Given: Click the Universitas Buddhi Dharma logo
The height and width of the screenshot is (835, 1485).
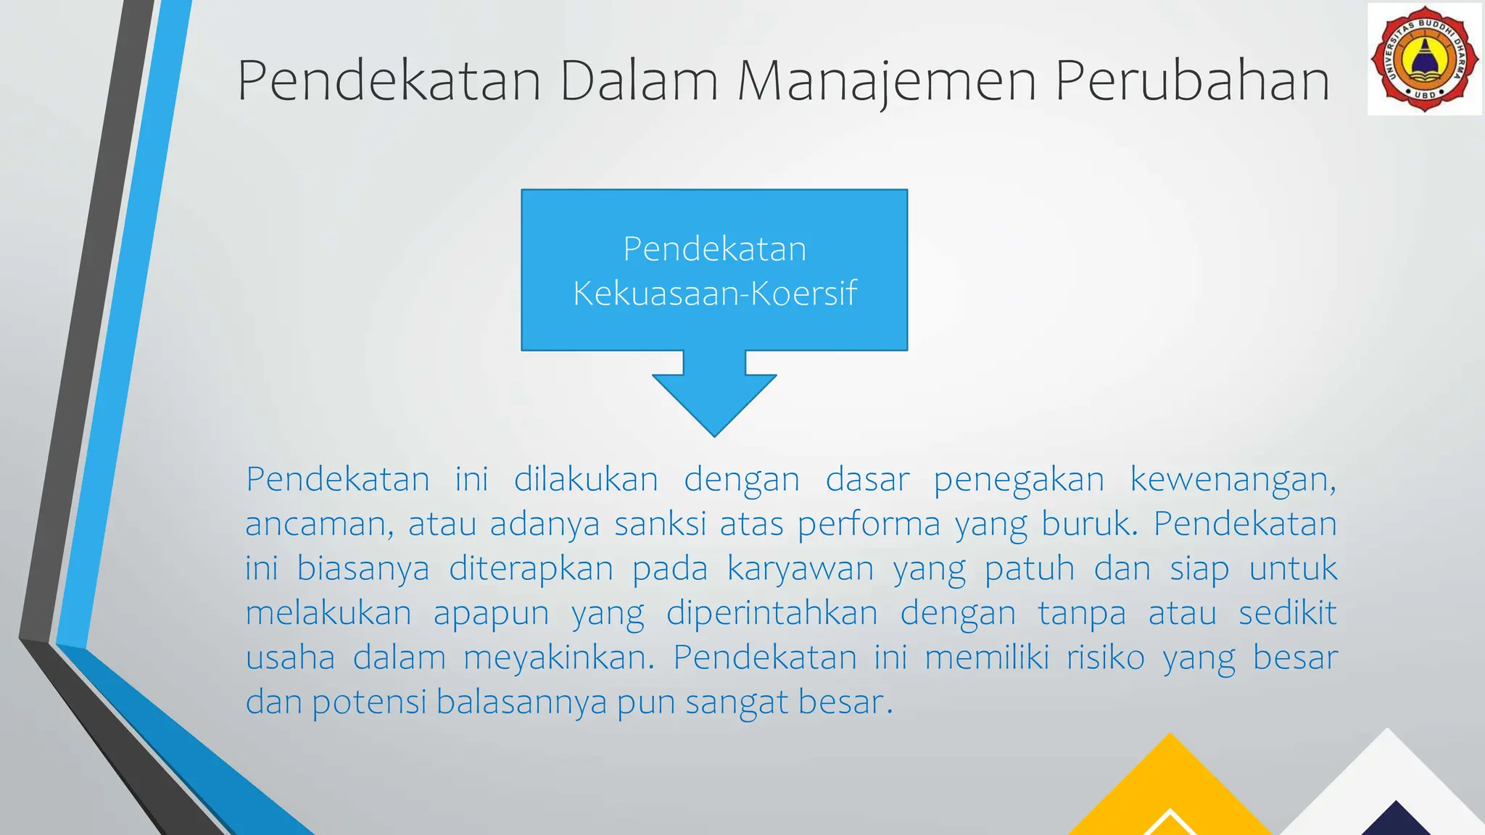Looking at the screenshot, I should pyautogui.click(x=1425, y=59).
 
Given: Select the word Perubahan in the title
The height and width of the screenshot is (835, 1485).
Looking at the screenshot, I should pyautogui.click(x=1192, y=80).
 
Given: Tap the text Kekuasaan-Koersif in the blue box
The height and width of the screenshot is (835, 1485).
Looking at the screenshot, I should pyautogui.click(x=714, y=294).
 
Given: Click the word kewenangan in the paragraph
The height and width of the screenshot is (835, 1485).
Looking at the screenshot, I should pyautogui.click(x=1233, y=480).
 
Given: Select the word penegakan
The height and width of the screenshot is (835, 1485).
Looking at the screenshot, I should pyautogui.click(x=1019, y=480).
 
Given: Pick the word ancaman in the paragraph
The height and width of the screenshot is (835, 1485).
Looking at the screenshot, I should pyautogui.click(x=319, y=524).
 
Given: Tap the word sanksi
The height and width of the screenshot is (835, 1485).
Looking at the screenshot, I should pyautogui.click(x=660, y=524).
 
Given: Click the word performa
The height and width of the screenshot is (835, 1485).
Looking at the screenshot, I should pyautogui.click(x=869, y=524).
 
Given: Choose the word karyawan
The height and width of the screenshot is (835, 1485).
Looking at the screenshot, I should pyautogui.click(x=801, y=569).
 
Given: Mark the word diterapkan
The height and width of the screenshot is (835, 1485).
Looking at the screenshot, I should pyautogui.click(x=531, y=569).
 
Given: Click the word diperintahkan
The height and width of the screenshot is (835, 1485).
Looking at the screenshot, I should pyautogui.click(x=772, y=613).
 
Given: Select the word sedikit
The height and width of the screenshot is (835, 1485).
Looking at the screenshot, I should pyautogui.click(x=1287, y=613).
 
